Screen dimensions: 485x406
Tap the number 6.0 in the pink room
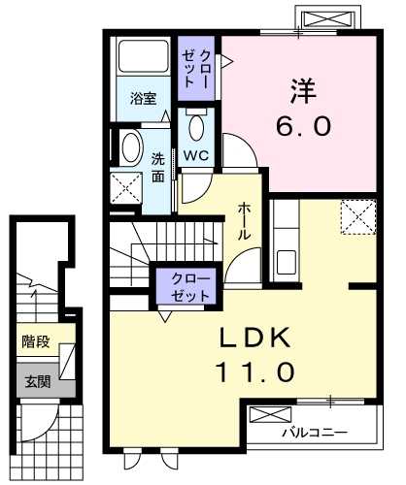(x=297, y=127)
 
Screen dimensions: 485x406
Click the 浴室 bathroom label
(x=145, y=98)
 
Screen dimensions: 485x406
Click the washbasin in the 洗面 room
(x=128, y=145)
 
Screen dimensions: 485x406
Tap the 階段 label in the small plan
(x=35, y=341)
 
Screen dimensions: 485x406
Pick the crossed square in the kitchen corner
(x=356, y=214)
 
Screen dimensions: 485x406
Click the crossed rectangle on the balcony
(x=264, y=416)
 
